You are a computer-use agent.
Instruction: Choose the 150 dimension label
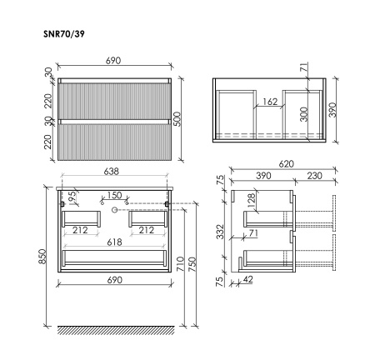click(114, 196)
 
